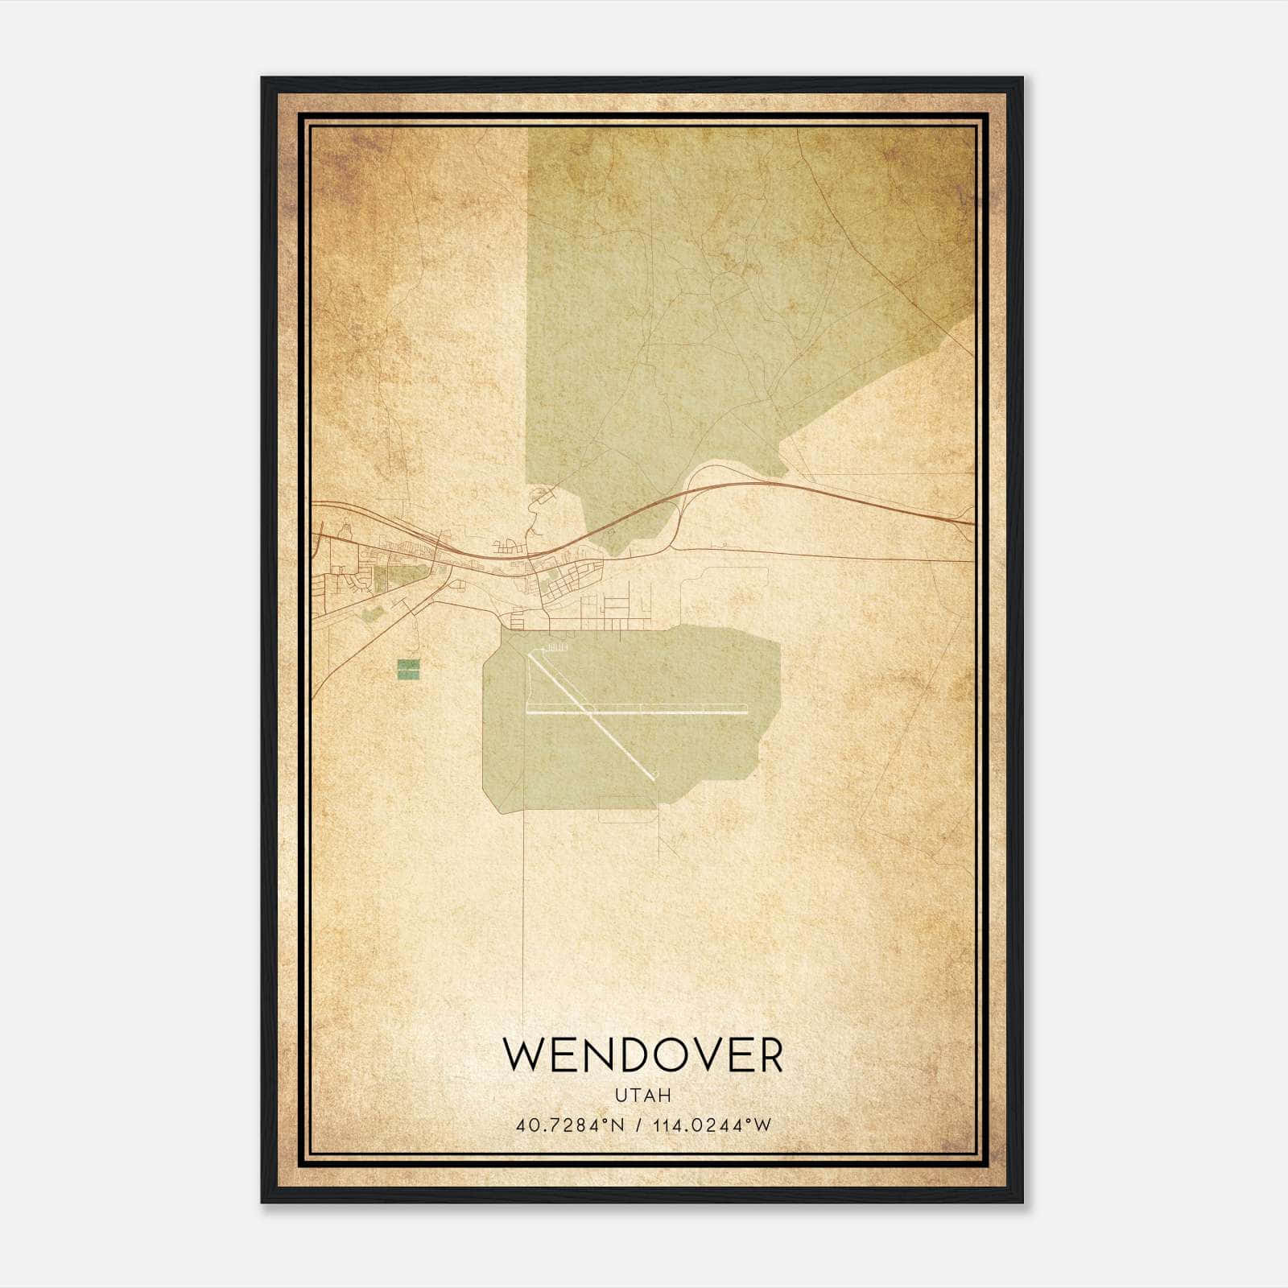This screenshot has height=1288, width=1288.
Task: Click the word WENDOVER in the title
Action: point(642,1055)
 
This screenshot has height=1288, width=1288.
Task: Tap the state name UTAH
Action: point(642,1096)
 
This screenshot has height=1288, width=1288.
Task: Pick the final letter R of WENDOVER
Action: point(768,1055)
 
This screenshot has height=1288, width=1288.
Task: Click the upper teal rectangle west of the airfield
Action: point(409,664)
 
